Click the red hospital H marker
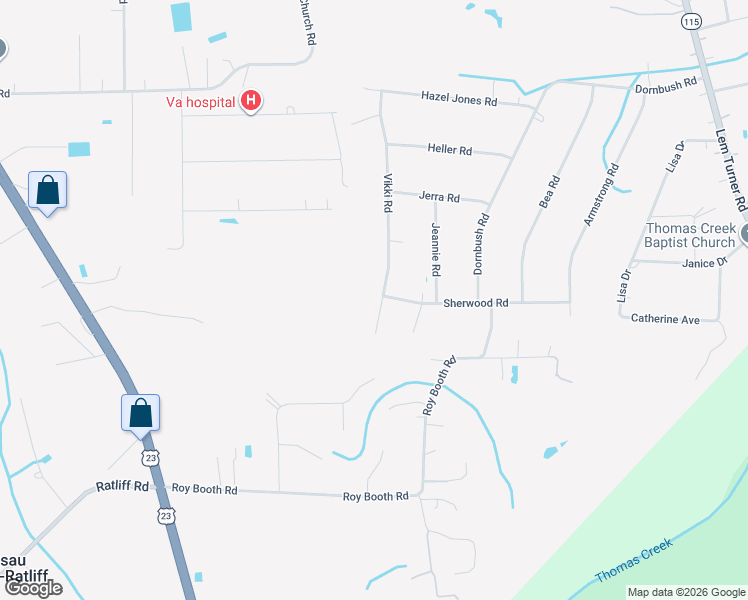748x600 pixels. coord(252,101)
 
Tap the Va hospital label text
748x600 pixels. coord(200,102)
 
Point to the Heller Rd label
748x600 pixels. coord(449,149)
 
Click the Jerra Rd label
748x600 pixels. coord(439,198)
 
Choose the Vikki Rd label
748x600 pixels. coord(387,193)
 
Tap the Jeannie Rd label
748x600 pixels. coord(436,250)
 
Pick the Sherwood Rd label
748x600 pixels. coord(476,302)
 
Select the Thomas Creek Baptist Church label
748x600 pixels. coord(690,235)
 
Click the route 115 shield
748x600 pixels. coord(690,20)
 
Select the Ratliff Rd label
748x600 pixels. coord(122,486)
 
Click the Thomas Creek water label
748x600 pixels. coord(634,561)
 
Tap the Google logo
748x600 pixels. coord(32,588)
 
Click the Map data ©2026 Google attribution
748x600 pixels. coord(686,592)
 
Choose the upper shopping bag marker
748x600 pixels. coord(47,190)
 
